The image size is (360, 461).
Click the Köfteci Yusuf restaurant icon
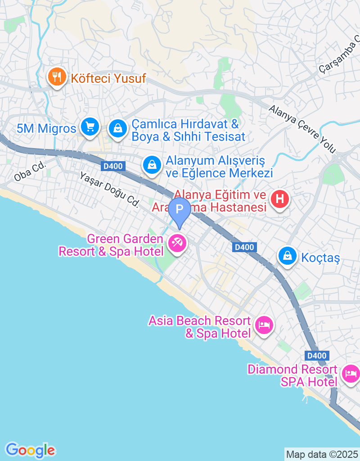point(57,78)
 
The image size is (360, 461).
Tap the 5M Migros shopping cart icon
point(90,127)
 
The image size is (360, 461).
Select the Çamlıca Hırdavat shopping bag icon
point(118,128)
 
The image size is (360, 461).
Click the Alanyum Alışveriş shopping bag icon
point(153,165)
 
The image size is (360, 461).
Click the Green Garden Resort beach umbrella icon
point(177,244)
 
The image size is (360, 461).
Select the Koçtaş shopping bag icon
point(287,256)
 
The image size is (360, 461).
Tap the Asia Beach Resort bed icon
point(264,325)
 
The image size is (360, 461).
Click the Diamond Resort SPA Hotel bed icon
point(351,373)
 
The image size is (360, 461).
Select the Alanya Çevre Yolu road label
point(302,128)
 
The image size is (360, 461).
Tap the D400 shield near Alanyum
point(112,167)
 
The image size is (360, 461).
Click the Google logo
point(30,450)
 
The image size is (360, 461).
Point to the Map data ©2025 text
point(322,454)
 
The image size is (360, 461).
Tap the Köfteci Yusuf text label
point(108,78)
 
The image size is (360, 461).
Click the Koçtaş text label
point(320,258)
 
